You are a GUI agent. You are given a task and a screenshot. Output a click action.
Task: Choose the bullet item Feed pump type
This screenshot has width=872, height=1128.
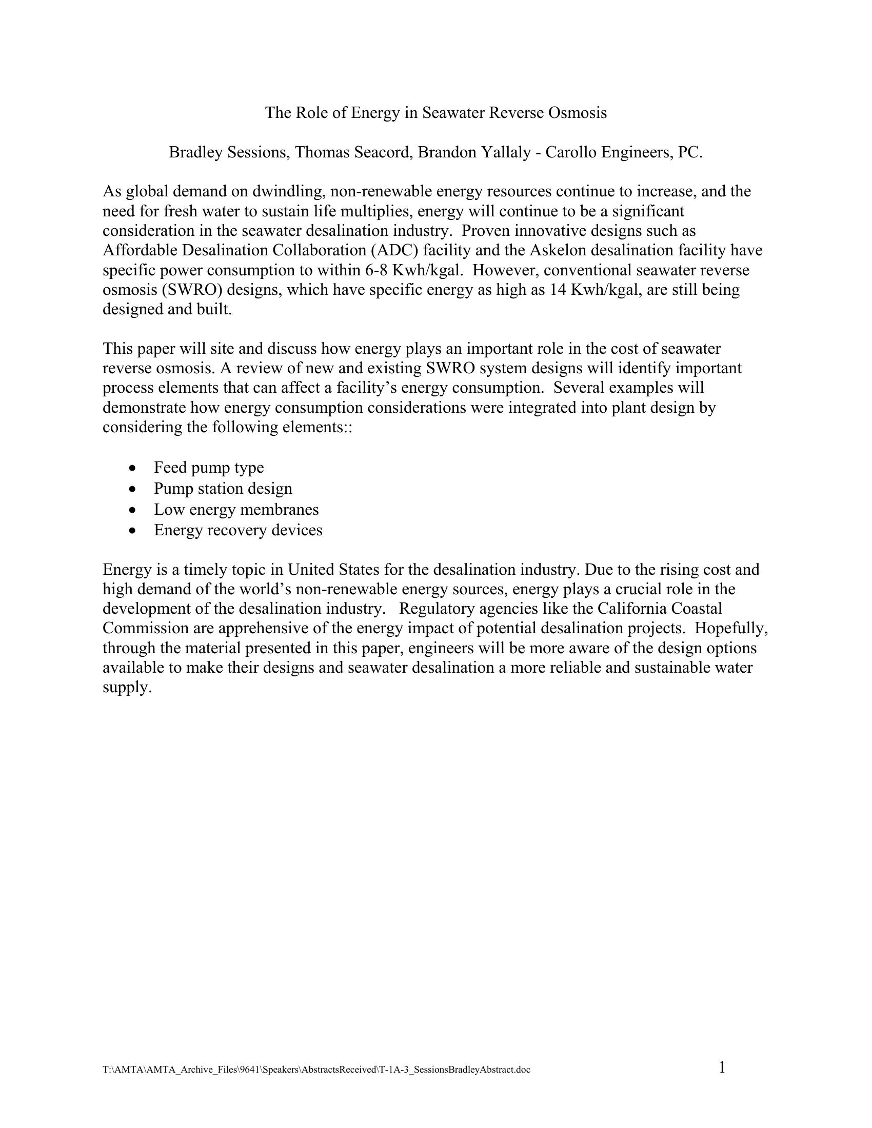209,468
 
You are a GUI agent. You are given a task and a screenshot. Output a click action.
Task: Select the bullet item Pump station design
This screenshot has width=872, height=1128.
223,488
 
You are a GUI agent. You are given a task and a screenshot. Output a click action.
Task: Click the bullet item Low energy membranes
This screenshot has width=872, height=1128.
236,509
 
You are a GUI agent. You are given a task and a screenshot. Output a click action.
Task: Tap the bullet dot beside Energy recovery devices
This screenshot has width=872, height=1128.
134,531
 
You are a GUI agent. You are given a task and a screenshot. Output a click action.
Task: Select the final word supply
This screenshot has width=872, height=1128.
127,688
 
